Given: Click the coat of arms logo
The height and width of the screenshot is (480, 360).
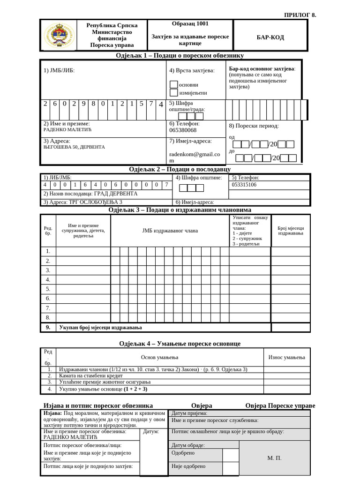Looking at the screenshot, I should [59, 35].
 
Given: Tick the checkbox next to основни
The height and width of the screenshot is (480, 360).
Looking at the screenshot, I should [173, 85].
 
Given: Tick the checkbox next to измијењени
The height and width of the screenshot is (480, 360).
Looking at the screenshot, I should [173, 93].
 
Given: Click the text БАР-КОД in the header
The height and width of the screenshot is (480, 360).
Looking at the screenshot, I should [270, 37].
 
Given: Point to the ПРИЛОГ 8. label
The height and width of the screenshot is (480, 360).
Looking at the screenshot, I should [300, 15].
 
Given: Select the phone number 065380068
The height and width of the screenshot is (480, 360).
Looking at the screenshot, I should [183, 130].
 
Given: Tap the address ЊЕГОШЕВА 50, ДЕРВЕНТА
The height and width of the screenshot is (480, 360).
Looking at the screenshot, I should [74, 147].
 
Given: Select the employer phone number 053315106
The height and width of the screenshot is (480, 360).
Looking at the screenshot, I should [244, 185].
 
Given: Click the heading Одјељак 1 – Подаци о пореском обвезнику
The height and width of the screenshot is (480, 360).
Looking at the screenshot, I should [180, 55].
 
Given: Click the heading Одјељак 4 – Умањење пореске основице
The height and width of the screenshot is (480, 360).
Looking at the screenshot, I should [180, 344].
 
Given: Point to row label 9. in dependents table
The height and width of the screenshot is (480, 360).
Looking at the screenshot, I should [48, 327].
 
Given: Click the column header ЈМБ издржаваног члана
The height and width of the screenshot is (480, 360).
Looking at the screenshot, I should [170, 231].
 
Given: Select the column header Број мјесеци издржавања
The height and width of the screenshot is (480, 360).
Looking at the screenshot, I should [291, 230].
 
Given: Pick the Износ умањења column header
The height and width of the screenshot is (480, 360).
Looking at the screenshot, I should [286, 357].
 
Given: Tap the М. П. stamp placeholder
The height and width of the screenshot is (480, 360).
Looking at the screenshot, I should [274, 458].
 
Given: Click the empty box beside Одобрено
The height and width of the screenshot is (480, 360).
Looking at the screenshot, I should [231, 455].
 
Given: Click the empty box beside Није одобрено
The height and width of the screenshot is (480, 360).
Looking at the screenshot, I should [231, 468].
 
